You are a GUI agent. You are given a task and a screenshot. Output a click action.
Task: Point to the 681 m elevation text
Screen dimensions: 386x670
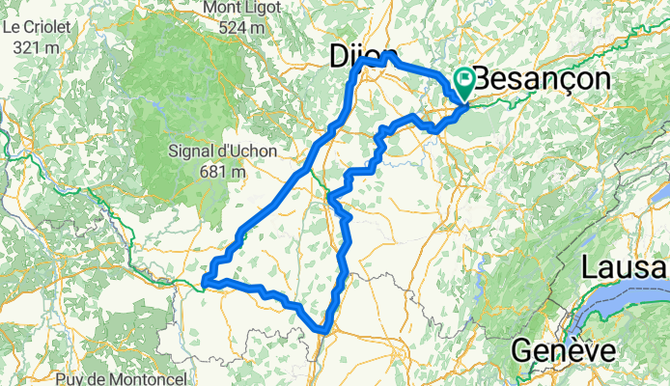point(218,171)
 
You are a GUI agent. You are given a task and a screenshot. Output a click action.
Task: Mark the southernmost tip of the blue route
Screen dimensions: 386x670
point(325,332)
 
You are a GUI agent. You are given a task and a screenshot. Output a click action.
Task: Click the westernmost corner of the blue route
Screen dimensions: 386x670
point(205,282)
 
